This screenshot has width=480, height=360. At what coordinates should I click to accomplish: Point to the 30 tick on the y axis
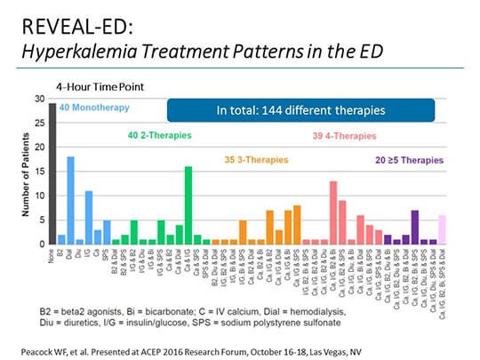40,99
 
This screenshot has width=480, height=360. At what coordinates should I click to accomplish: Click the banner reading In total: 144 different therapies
300,110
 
